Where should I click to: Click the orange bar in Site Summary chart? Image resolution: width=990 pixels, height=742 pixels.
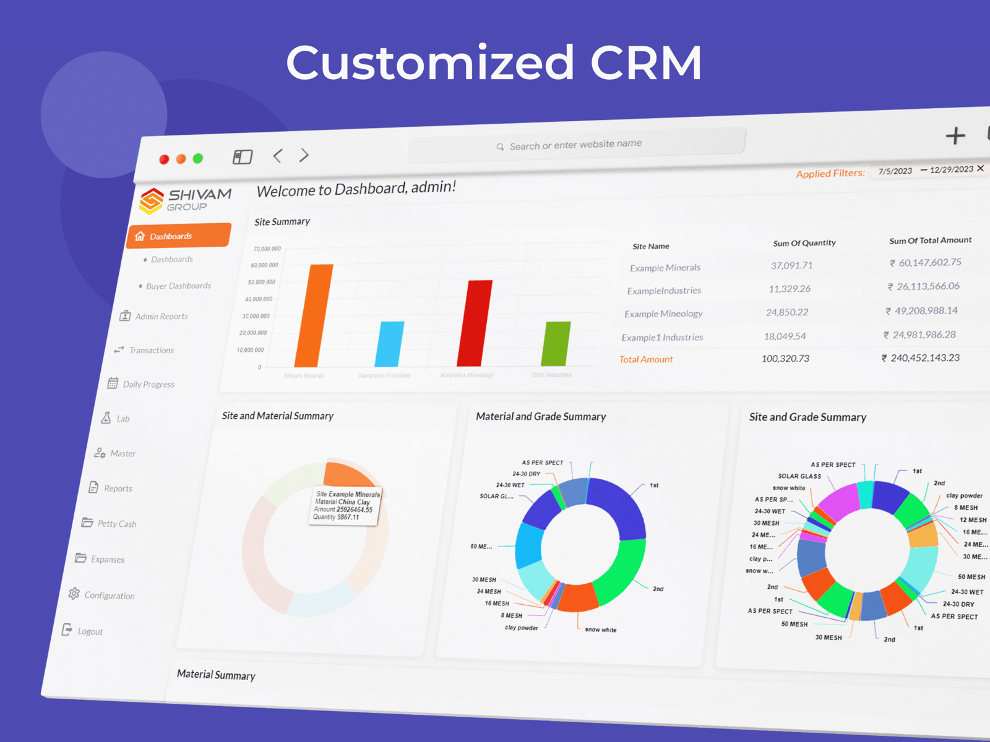tap(314, 315)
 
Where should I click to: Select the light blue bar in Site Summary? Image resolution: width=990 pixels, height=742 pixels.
tap(389, 344)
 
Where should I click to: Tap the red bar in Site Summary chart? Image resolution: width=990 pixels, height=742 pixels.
tap(475, 323)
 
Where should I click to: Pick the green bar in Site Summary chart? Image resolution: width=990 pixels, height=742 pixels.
tap(556, 344)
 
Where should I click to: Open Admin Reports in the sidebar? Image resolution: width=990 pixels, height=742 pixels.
tap(161, 317)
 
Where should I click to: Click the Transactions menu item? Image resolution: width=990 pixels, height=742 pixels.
tap(151, 350)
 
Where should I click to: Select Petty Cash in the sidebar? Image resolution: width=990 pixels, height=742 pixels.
tap(116, 524)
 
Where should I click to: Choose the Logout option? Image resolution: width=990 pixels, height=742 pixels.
tap(90, 631)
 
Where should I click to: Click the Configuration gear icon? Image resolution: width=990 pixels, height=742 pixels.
tap(74, 594)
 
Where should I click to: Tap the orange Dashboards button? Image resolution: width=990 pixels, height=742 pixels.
tap(179, 236)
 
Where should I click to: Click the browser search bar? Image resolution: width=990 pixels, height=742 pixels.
tap(575, 145)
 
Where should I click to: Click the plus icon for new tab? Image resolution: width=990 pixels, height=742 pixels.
tap(955, 136)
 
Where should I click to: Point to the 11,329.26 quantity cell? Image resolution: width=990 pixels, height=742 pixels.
tap(790, 289)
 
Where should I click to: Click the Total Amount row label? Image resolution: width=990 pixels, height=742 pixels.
tap(646, 359)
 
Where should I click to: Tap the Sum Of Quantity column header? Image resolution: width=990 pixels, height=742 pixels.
tap(804, 243)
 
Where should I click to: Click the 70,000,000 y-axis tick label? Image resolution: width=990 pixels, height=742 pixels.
tap(267, 249)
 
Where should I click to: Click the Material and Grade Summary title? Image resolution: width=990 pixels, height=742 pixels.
tap(541, 417)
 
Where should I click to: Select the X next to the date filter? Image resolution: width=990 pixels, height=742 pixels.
tap(981, 168)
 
